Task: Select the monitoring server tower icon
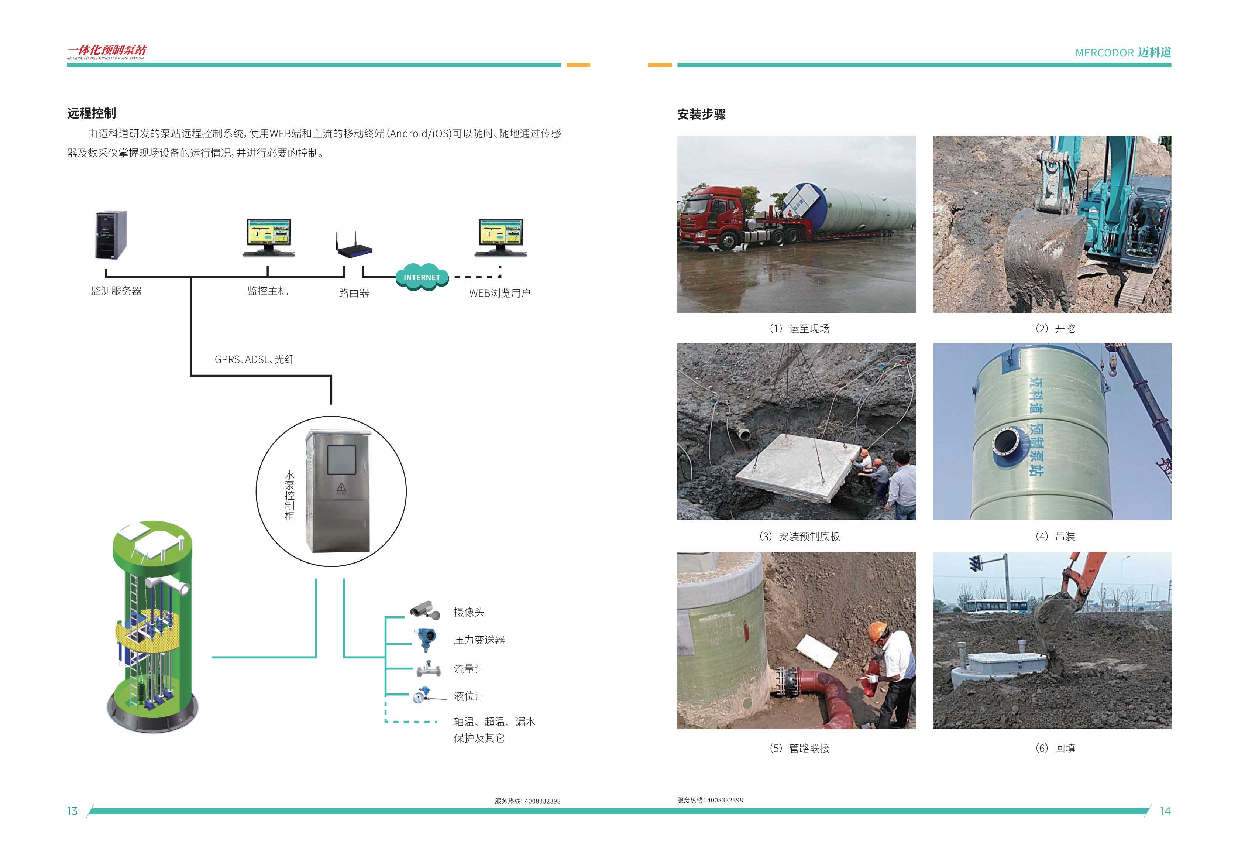[x=111, y=235]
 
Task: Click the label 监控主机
[x=267, y=291]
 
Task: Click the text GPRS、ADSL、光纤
[x=254, y=360]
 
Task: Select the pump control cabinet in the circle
[x=337, y=491]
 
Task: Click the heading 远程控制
[x=91, y=113]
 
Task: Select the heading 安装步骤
[x=701, y=114]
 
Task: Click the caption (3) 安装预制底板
[x=799, y=536]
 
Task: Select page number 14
[x=1165, y=811]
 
